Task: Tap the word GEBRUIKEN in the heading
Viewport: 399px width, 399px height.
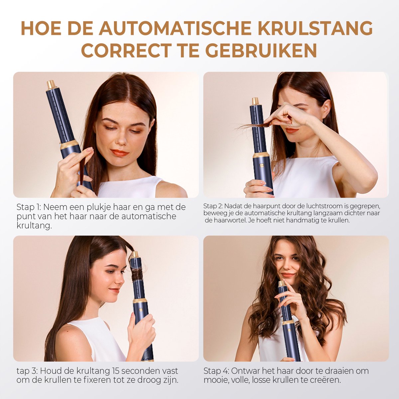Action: coord(261,51)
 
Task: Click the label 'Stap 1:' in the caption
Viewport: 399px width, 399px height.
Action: coord(29,207)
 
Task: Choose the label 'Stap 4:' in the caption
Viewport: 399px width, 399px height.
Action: coord(216,371)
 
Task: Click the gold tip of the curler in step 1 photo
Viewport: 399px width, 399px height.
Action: coord(52,84)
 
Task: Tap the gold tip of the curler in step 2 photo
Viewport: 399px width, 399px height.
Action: coord(255,101)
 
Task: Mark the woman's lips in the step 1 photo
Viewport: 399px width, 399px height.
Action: coord(120,153)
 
